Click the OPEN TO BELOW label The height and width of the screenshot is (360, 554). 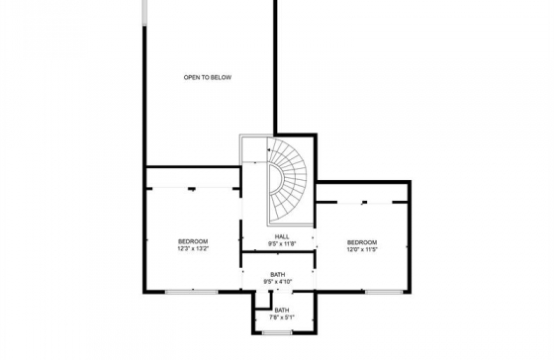pyautogui.click(x=208, y=77)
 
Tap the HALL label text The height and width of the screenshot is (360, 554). pyautogui.click(x=282, y=236)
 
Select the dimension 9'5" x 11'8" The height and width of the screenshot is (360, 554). pyautogui.click(x=282, y=243)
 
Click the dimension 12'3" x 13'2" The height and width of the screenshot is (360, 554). pyautogui.click(x=193, y=248)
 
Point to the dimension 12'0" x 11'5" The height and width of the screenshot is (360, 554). pyautogui.click(x=362, y=249)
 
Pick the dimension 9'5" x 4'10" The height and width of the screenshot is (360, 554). pyautogui.click(x=278, y=282)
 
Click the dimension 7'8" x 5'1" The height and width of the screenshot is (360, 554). pyautogui.click(x=282, y=317)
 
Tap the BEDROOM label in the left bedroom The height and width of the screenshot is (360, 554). pyautogui.click(x=193, y=241)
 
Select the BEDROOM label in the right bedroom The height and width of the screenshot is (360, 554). pyautogui.click(x=362, y=242)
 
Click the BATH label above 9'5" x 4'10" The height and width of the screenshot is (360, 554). pyautogui.click(x=278, y=275)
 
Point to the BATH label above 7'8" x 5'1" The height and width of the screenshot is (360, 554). pyautogui.click(x=282, y=311)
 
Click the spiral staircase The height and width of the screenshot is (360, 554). pyautogui.click(x=287, y=181)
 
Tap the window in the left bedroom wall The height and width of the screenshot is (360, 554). pyautogui.click(x=192, y=292)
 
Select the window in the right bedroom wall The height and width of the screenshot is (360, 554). pyautogui.click(x=384, y=292)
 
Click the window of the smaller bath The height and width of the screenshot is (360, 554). pyautogui.click(x=277, y=332)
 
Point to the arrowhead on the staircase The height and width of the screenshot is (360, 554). pyautogui.click(x=269, y=150)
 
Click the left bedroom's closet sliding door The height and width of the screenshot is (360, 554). pyautogui.click(x=193, y=188)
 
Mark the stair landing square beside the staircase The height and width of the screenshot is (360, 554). pyautogui.click(x=253, y=148)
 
